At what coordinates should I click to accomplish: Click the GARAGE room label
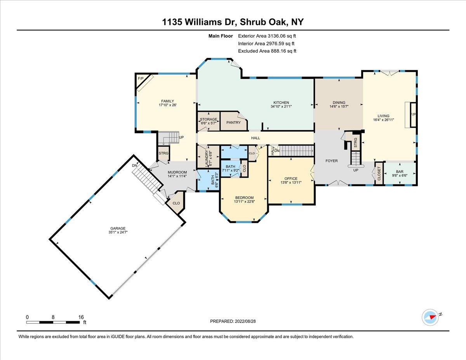pos(118,228)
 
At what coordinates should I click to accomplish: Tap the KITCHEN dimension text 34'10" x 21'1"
pos(281,106)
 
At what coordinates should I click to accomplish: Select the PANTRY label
pos(233,122)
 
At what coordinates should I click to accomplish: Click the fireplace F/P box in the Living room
pos(413,115)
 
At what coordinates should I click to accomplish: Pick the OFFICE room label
pos(291,179)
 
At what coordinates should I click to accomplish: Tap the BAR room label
pos(400,172)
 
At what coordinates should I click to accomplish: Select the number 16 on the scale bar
pos(81,317)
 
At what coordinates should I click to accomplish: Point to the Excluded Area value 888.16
pos(279,51)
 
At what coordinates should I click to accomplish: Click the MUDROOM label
pos(177,172)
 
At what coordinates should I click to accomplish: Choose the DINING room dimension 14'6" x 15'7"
pos(339,106)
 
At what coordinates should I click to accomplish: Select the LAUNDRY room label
pos(207,159)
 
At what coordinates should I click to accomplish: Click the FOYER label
pos(332,161)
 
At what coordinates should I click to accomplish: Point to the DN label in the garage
pos(134,165)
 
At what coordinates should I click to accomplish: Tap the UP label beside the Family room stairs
pos(181,137)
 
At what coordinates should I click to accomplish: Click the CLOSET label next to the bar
pos(379,174)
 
